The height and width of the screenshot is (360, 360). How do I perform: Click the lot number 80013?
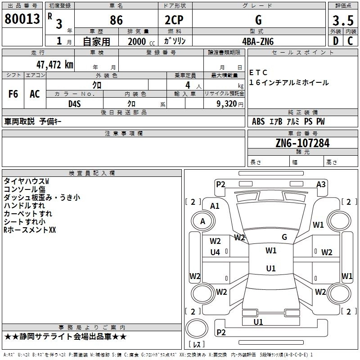pos(23,19)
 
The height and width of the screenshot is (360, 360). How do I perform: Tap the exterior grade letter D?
pos(335,41)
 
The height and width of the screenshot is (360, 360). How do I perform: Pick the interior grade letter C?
pos(350,41)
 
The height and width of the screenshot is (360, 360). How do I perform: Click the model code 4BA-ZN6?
pos(258,41)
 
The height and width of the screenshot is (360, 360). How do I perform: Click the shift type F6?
pos(13,94)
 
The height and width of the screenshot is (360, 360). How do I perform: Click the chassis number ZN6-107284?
pos(302,143)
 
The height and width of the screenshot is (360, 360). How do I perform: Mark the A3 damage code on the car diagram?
pos(321,184)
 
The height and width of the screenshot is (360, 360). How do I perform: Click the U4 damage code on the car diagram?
pos(215,252)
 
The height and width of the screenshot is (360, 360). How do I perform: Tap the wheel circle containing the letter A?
pos(202,221)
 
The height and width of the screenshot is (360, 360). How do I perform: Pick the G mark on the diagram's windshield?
pos(284,237)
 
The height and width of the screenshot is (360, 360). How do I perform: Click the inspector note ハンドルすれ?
pos(24,205)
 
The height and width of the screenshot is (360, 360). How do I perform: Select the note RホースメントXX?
pos(30,230)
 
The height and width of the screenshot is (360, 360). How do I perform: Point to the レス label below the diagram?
pos(197,344)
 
